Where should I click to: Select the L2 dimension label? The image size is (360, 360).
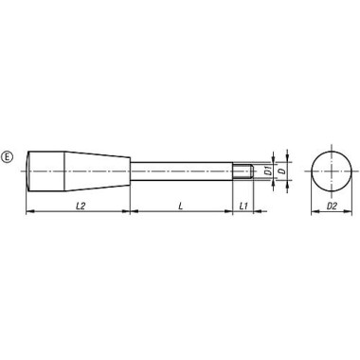(77, 204)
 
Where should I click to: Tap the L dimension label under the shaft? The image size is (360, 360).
(179, 204)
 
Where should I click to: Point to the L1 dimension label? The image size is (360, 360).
(243, 204)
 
